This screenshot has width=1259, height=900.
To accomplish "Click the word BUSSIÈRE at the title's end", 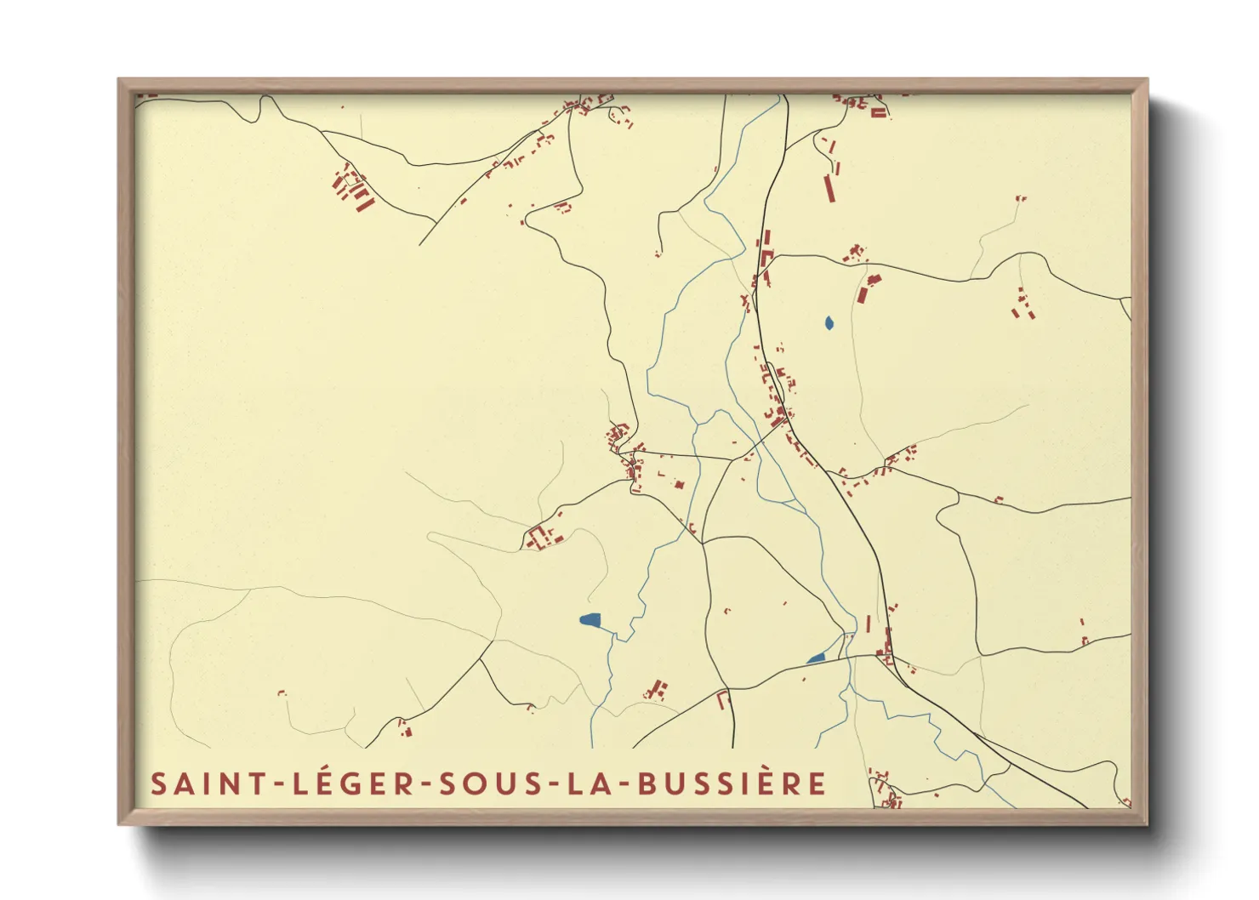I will pyautogui.click(x=732, y=783).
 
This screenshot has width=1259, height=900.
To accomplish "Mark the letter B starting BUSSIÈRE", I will pyautogui.click(x=648, y=783).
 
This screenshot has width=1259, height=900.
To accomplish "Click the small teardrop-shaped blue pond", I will pyautogui.click(x=829, y=323).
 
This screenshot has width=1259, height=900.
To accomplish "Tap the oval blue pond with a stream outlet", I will pyautogui.click(x=590, y=620).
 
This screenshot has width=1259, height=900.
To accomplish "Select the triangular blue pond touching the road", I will pyautogui.click(x=817, y=658).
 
